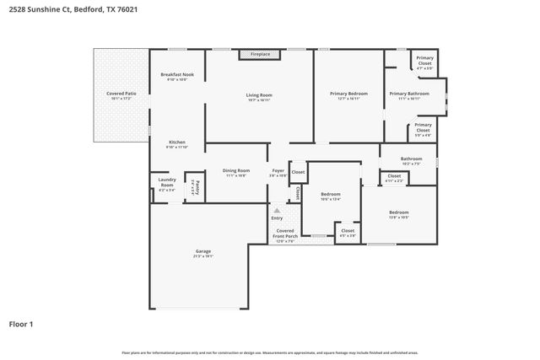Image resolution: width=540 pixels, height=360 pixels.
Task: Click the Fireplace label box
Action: (x=260, y=54)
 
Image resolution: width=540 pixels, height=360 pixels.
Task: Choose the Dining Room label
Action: (x=236, y=172)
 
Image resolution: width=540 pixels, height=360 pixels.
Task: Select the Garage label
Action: (x=202, y=251)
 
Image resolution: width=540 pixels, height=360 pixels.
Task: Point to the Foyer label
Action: (x=278, y=172)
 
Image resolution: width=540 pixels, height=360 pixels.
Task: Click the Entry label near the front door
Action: (x=278, y=218)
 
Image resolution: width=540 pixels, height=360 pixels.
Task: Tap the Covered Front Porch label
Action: (x=286, y=233)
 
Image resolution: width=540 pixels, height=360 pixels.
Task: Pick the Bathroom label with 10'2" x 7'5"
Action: (x=411, y=160)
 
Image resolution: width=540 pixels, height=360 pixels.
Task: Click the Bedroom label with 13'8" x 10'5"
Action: (x=398, y=214)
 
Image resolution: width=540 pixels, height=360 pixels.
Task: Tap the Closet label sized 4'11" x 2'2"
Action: (x=394, y=178)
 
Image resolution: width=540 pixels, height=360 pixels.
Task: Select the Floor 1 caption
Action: (x=21, y=323)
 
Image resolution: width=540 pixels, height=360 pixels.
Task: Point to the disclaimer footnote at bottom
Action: (x=270, y=352)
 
